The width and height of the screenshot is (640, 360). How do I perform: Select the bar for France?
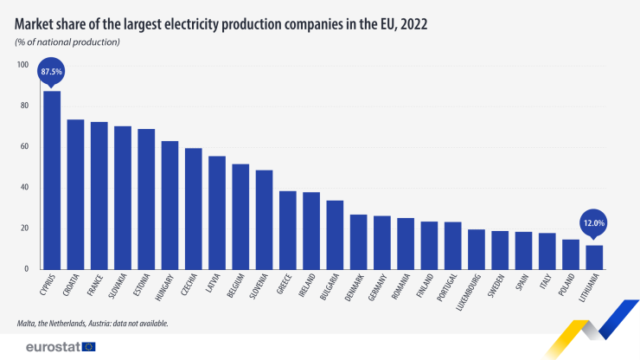(99, 196)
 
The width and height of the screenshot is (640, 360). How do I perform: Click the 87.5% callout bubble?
(52, 71)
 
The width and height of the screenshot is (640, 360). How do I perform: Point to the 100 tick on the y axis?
(22, 65)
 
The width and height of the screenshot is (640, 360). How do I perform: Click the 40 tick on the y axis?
(24, 187)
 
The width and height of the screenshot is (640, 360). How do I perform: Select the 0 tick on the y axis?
(27, 269)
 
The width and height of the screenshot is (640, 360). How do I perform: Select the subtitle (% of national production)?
(67, 42)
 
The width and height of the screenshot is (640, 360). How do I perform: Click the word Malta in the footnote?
(26, 323)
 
